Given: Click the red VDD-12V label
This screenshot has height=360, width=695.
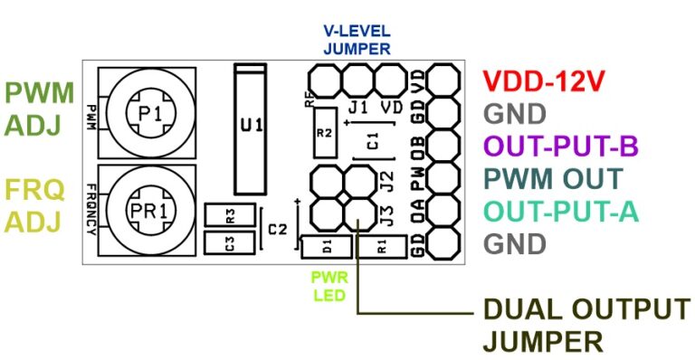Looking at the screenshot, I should click(x=542, y=81).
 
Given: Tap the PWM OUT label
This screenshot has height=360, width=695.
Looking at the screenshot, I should click(x=553, y=178).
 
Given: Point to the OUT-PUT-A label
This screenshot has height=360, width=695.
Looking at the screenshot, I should click(x=561, y=211).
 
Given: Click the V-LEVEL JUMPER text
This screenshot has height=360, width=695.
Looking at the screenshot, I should click(x=357, y=42).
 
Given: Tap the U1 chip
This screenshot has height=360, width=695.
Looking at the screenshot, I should click(x=252, y=127).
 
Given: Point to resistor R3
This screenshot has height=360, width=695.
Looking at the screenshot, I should click(x=230, y=215).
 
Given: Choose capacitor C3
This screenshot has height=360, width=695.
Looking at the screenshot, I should click(x=230, y=243).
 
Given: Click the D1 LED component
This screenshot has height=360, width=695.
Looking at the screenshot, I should click(x=326, y=246).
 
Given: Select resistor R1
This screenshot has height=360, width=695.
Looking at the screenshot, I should click(x=380, y=246).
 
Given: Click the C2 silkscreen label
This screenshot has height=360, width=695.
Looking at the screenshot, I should click(x=278, y=230).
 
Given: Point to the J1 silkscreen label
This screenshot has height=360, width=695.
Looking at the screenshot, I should click(x=357, y=108).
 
